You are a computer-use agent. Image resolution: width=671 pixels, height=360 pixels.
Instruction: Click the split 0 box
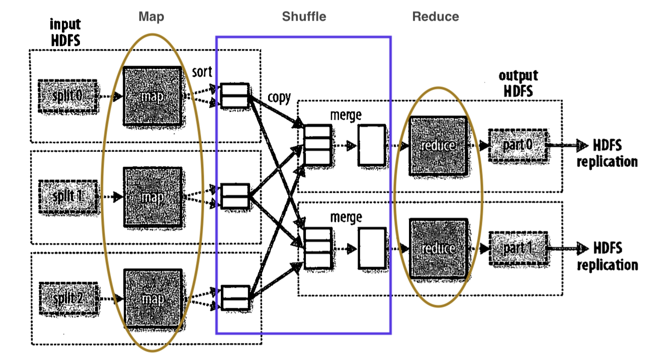click(68, 97)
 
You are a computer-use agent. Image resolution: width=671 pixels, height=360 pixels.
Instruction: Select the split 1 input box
click(68, 197)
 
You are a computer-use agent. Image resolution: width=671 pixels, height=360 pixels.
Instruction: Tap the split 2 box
click(68, 299)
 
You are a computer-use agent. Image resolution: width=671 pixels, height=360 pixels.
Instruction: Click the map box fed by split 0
click(152, 96)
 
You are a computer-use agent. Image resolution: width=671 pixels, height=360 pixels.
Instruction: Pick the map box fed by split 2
click(153, 299)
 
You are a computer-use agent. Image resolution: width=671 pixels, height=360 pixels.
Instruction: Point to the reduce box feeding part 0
click(439, 145)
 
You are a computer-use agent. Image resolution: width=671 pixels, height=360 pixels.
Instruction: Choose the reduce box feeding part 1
click(439, 248)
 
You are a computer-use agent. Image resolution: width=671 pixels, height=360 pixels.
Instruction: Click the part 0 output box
click(518, 145)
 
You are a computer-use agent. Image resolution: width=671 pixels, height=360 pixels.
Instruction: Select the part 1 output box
click(519, 248)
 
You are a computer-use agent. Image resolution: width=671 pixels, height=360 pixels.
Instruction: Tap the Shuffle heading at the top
click(304, 17)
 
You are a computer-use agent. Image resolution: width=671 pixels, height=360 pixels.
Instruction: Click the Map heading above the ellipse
click(151, 17)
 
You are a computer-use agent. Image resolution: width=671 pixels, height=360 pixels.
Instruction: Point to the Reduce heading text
click(436, 17)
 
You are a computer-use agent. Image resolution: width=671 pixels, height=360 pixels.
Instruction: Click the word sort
click(202, 72)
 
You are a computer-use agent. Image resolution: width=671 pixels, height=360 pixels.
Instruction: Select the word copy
click(279, 98)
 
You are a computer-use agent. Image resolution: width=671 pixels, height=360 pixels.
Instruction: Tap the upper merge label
click(346, 115)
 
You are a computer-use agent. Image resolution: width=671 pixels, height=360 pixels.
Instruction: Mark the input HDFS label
click(65, 32)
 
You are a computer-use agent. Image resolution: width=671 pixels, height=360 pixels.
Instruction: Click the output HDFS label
click(518, 83)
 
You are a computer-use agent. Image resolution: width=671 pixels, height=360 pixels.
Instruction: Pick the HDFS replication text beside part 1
click(608, 256)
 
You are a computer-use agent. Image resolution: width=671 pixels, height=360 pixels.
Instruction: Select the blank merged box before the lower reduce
click(372, 248)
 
